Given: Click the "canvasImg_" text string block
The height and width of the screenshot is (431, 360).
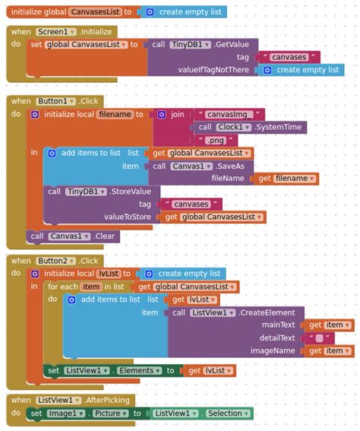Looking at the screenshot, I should pyautogui.click(x=227, y=114).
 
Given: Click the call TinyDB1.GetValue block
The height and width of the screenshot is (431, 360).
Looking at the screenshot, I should pyautogui.click(x=202, y=44).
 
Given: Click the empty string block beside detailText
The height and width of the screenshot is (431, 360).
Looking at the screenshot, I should pyautogui.click(x=320, y=338).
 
